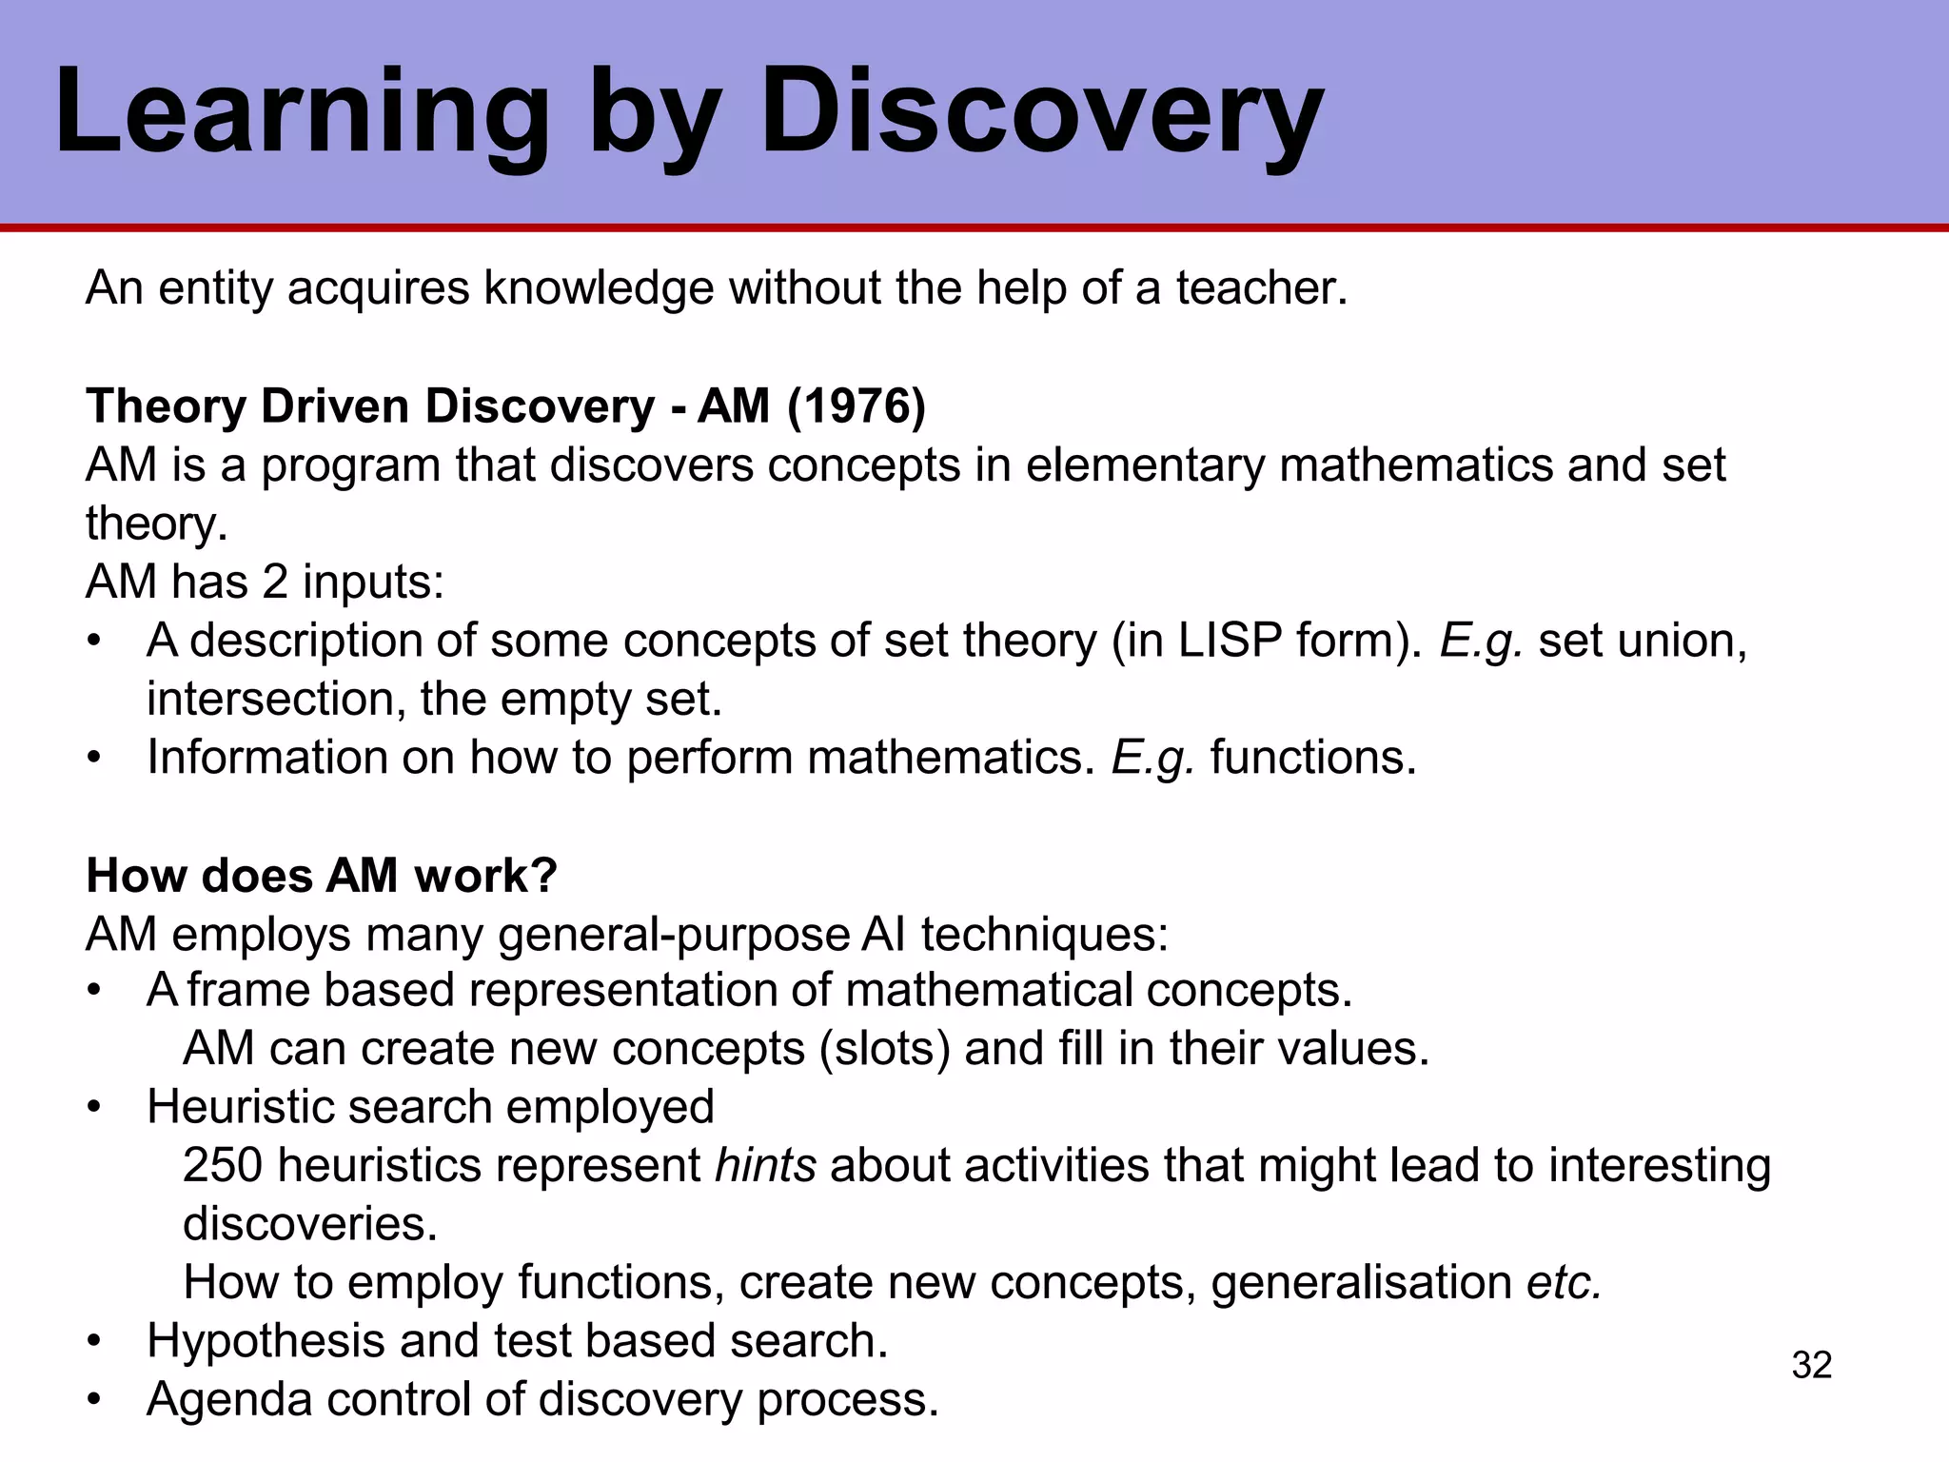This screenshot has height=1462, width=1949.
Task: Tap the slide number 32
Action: [1811, 1365]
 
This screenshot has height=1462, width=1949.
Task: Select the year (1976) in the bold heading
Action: [856, 406]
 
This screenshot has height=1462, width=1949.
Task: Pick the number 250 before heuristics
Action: [222, 1165]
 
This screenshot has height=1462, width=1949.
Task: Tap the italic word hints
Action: [765, 1165]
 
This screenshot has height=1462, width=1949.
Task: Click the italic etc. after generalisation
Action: [1565, 1282]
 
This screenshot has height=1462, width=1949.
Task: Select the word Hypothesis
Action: [266, 1341]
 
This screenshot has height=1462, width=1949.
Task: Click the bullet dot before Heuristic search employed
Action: [93, 1108]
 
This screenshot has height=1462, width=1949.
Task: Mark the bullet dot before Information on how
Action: [93, 759]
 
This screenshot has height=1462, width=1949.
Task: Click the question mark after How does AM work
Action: [545, 876]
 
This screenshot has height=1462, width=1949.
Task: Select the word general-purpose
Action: [673, 935]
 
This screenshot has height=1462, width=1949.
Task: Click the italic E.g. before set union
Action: [1482, 641]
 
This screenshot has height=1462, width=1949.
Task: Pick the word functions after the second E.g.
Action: [1312, 758]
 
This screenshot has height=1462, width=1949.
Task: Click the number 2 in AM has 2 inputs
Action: [275, 582]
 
